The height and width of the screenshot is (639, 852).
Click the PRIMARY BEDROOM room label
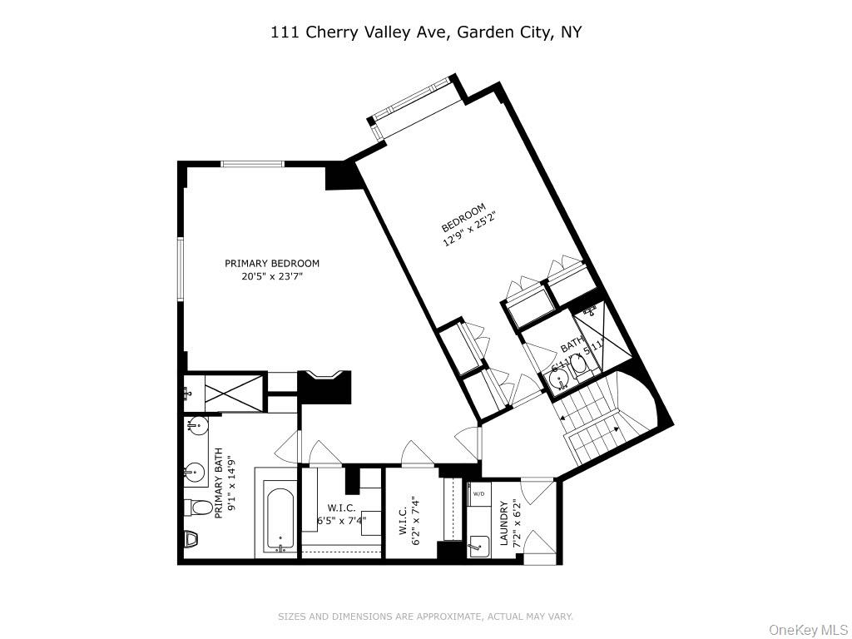272,264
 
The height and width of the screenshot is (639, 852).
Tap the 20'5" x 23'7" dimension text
272,277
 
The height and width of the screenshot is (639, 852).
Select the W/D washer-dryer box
479,493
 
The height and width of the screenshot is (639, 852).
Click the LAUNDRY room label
504,523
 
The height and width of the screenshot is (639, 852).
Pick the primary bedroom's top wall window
252,164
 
